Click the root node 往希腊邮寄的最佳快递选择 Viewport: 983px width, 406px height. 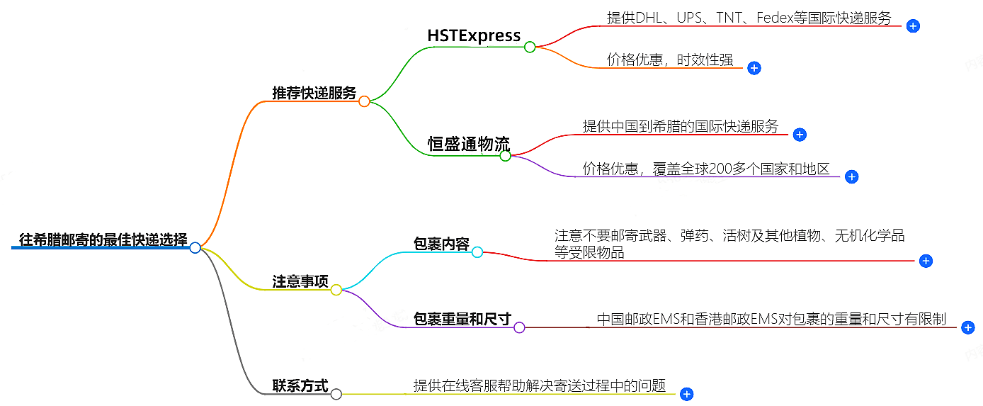[103, 239]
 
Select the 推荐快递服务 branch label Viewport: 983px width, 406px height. [314, 93]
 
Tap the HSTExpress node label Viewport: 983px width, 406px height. [474, 35]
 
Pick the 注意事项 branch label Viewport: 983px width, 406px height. [300, 281]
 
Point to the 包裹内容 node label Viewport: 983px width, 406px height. [441, 244]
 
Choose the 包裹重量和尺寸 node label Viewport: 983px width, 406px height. [462, 319]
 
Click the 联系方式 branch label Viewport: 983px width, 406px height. [300, 386]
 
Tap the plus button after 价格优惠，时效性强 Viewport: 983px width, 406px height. [754, 68]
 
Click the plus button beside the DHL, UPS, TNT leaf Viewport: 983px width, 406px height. [913, 26]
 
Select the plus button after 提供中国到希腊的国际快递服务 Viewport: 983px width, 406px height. [800, 135]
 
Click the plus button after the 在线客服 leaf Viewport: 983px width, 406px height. [686, 394]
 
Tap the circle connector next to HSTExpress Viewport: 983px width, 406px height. [530, 47]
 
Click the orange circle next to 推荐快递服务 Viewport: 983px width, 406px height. [364, 101]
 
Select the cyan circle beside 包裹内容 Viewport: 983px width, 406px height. [477, 252]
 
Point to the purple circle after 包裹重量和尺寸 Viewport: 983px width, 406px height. [519, 327]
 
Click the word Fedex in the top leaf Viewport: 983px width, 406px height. [777, 18]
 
